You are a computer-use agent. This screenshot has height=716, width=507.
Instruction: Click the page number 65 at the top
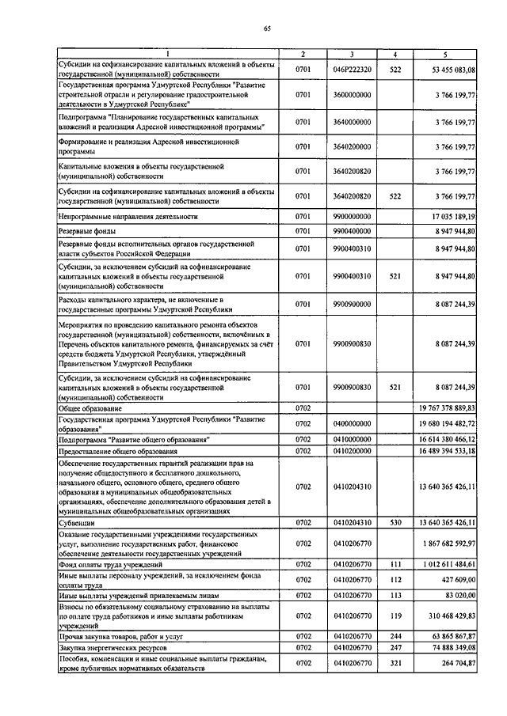point(267,29)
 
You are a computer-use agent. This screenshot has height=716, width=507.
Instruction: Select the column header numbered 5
point(445,54)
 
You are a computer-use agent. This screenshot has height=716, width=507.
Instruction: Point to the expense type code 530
point(395,523)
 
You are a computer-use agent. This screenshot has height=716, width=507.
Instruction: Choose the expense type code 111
point(395,563)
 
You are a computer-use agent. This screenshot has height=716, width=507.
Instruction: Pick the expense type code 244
point(395,635)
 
